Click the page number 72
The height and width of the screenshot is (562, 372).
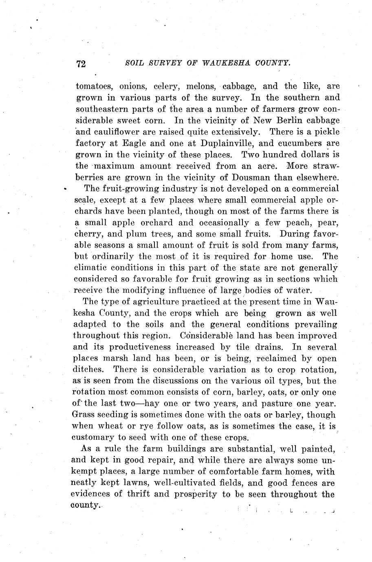81,64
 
